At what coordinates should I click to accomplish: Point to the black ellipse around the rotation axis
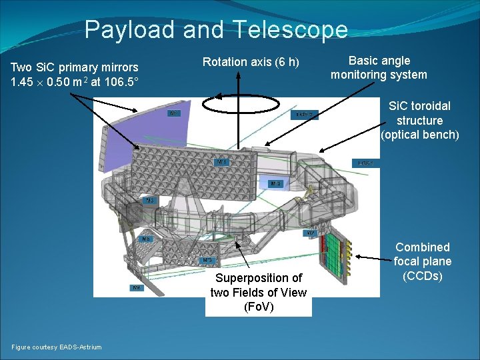[x=238, y=105]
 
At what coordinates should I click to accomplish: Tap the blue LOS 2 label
[x=306, y=115]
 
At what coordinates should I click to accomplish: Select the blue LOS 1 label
[x=365, y=163]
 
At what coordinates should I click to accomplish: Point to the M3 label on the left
[x=151, y=201]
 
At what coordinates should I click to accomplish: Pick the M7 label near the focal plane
[x=311, y=233]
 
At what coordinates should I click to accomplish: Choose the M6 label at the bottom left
[x=136, y=288]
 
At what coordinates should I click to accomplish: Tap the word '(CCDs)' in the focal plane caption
[x=422, y=275]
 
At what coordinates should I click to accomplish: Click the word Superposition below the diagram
[x=259, y=278]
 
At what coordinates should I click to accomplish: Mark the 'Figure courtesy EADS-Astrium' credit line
[x=57, y=347]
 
